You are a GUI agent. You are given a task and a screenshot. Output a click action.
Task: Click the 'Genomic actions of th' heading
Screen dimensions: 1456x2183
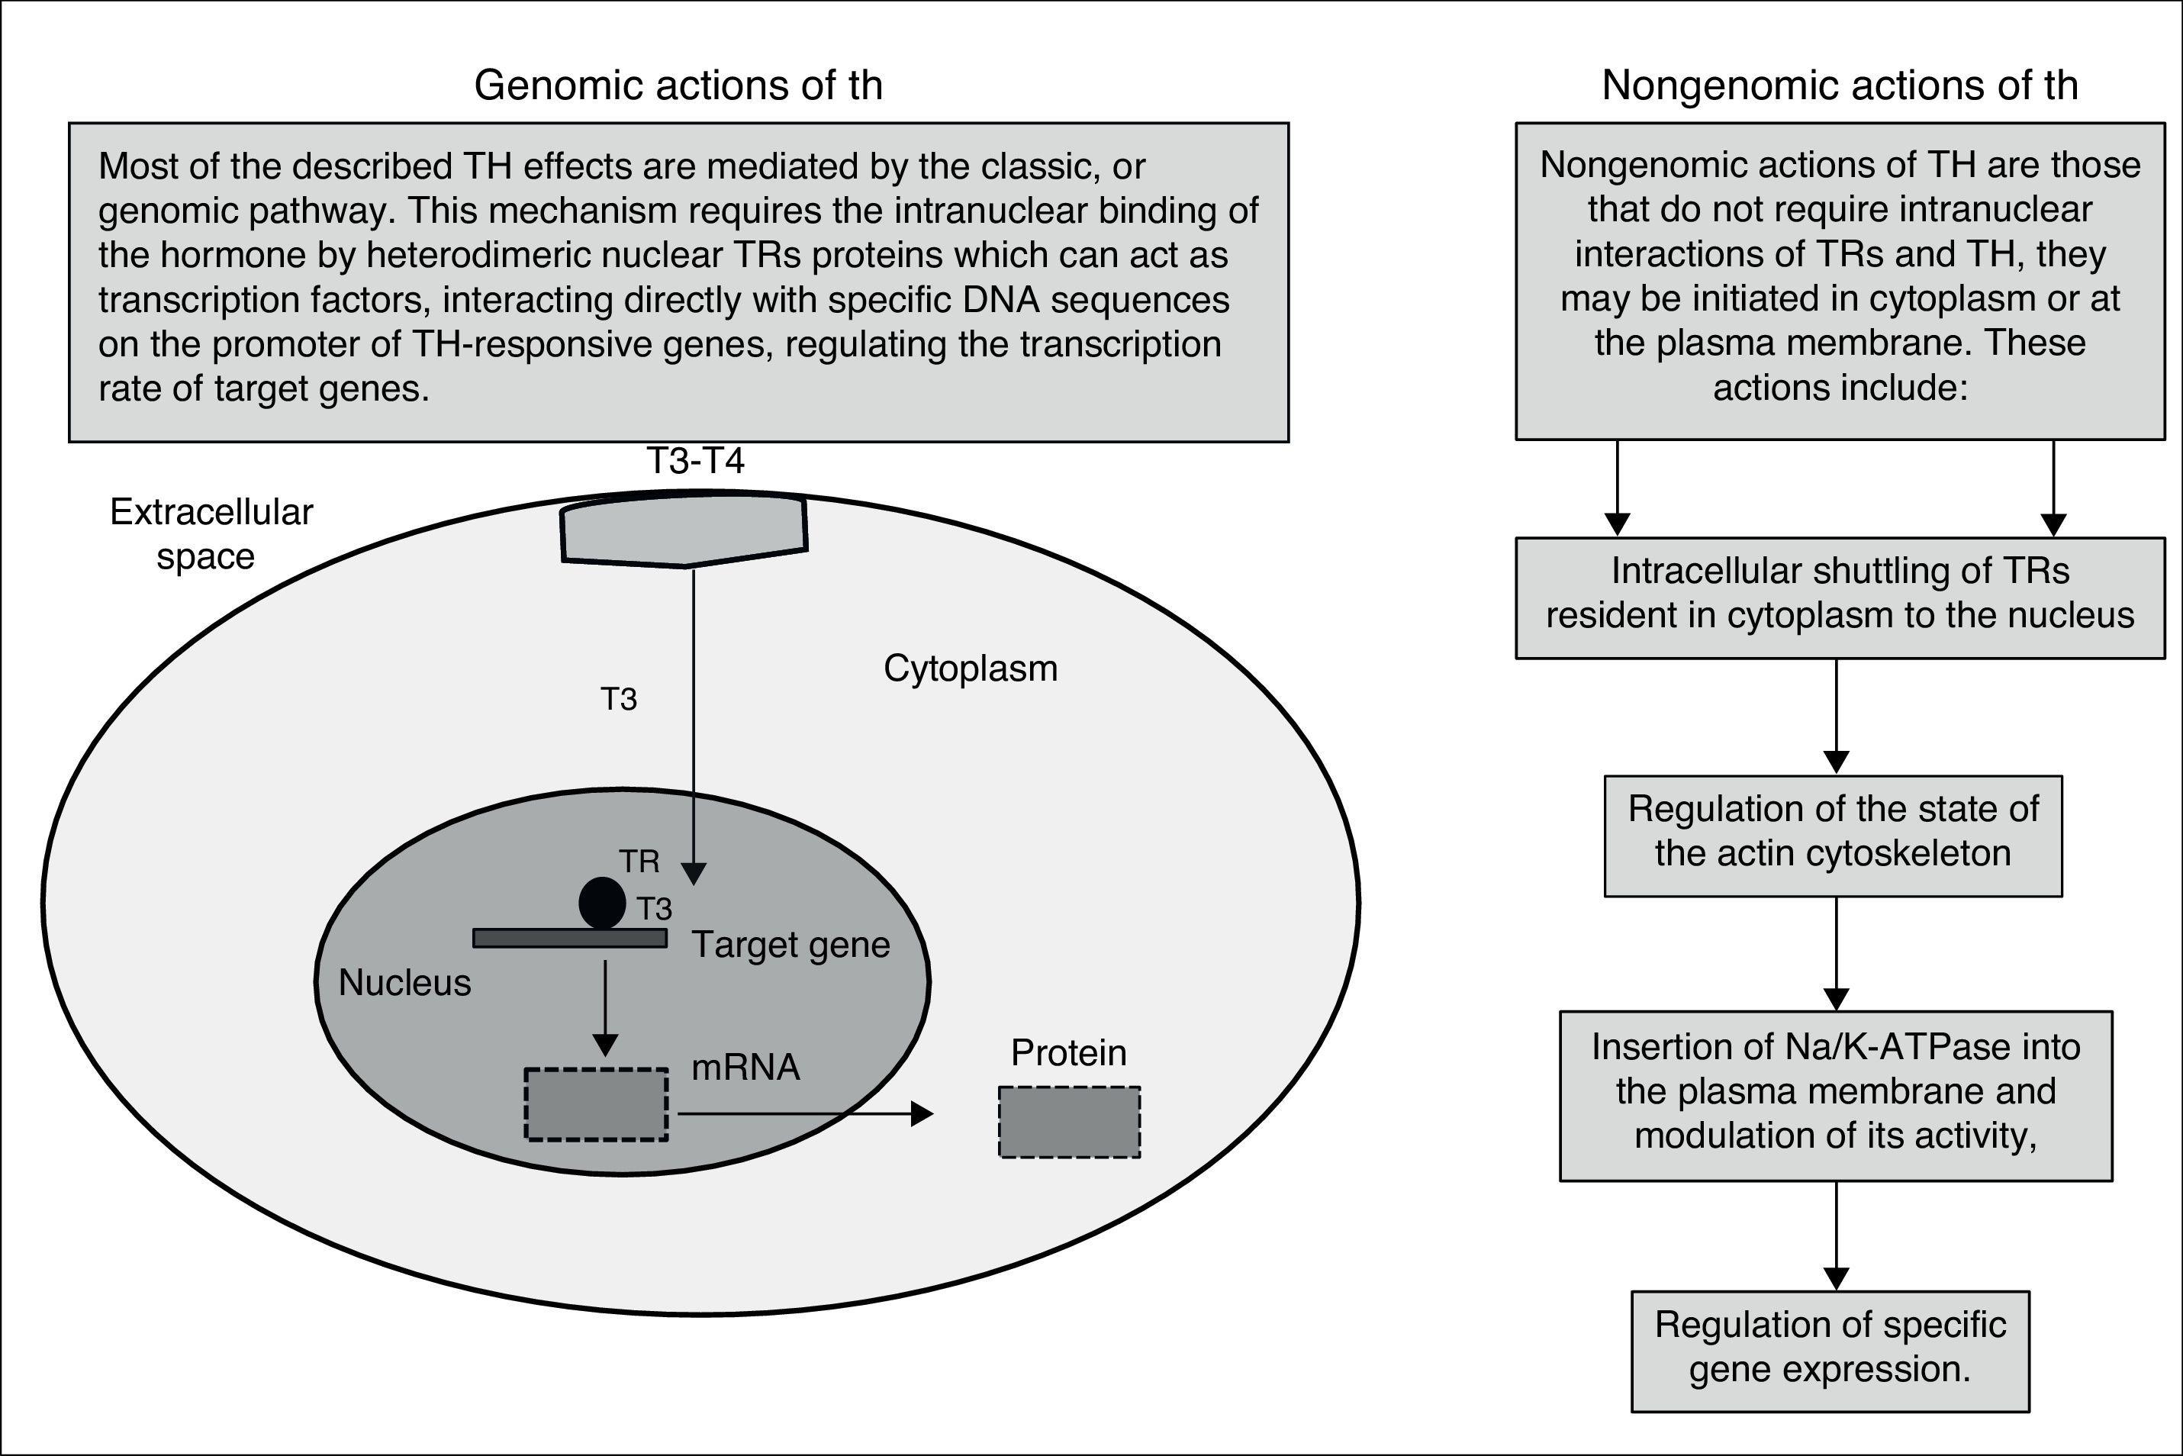point(678,85)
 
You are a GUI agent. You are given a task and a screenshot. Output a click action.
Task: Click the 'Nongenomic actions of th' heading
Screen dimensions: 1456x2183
point(1840,85)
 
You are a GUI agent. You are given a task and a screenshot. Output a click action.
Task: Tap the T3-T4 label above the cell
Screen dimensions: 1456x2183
point(694,461)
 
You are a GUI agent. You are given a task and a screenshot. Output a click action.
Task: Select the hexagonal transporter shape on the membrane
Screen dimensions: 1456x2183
point(684,531)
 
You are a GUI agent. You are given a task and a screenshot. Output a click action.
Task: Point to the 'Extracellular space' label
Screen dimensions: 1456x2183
point(211,534)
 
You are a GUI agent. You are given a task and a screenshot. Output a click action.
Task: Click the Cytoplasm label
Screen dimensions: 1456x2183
point(971,668)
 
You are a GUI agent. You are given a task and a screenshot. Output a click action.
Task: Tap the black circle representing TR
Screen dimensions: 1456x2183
point(602,903)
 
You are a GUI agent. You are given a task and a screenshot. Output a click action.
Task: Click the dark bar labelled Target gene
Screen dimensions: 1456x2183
point(569,939)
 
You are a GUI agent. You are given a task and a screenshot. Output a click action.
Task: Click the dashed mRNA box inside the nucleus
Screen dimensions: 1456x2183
point(596,1104)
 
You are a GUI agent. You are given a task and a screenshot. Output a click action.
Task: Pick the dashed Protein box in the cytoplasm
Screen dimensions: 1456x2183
point(1069,1122)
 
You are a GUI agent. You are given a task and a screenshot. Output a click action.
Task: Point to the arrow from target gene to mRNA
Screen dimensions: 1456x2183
point(604,1007)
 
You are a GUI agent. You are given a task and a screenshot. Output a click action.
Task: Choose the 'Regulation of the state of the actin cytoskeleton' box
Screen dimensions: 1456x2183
point(1833,831)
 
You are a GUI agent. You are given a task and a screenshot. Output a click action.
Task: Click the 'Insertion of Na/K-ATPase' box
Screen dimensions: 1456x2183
point(1835,1091)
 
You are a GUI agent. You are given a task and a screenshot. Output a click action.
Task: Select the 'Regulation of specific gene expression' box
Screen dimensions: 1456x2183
point(1830,1346)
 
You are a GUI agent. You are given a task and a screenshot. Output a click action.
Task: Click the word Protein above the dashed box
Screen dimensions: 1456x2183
point(1067,1053)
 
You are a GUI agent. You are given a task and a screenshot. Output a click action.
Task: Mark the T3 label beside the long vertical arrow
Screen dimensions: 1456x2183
point(618,699)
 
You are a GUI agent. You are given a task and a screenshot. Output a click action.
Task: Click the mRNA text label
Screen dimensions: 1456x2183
point(745,1068)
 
